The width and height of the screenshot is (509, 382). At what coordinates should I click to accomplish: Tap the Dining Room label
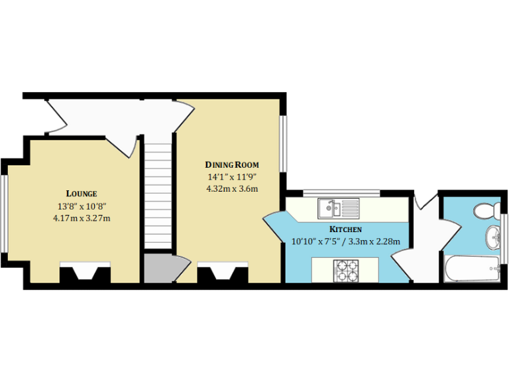tap(231, 164)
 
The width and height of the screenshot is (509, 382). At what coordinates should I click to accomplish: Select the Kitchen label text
tap(345, 229)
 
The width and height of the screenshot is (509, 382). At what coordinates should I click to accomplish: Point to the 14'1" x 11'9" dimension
tap(231, 176)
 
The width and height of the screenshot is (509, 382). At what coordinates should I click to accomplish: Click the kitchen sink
tap(337, 209)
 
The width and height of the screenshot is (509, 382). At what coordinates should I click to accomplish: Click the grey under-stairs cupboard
tap(158, 269)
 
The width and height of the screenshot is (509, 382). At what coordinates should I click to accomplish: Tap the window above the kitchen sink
tap(341, 193)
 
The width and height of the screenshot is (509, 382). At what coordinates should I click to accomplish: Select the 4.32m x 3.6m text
tap(231, 188)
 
